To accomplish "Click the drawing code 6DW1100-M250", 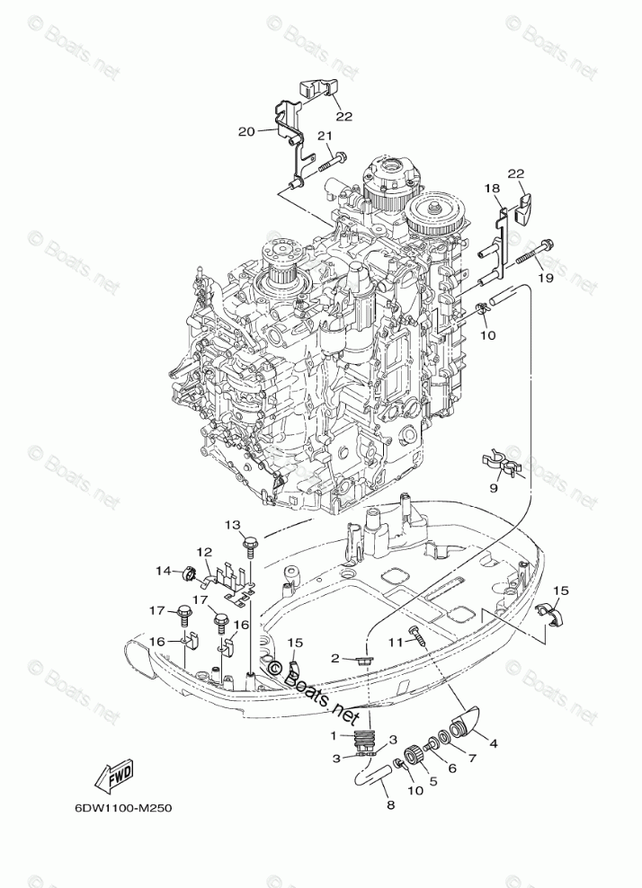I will coord(123,807).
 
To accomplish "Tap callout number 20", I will coord(246,130).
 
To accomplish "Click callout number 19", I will coord(545,278).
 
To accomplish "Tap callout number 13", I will coord(233,525).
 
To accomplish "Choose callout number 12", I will coord(204,552).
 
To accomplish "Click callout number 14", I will coord(163,570).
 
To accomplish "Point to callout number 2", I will coord(334,658).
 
